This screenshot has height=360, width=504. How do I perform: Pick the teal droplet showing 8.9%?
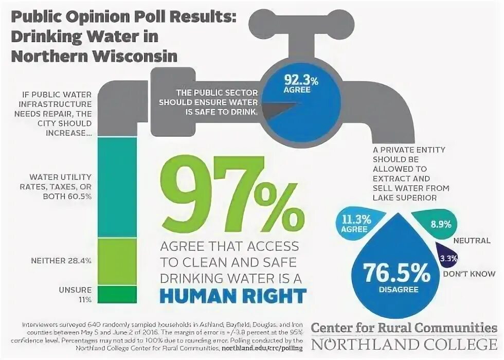click(x=441, y=224)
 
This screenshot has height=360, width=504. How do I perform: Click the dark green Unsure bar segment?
click(x=117, y=294)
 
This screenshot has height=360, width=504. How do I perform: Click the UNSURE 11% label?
click(x=77, y=294)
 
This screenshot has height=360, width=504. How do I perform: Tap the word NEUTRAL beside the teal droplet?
click(x=470, y=241)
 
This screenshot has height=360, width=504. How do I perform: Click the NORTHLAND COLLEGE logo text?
click(x=405, y=344)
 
